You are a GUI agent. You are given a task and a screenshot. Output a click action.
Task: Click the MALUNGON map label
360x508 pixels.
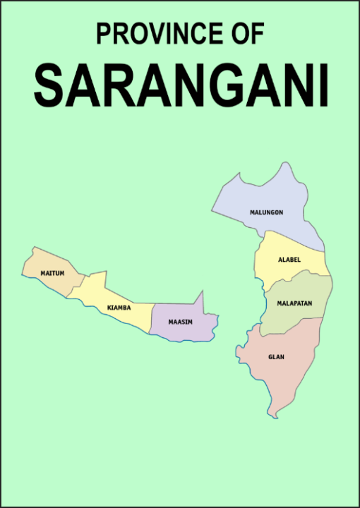266,212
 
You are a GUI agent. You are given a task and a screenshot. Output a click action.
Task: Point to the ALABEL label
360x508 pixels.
289,260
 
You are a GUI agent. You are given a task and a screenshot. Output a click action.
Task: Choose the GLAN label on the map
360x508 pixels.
276,357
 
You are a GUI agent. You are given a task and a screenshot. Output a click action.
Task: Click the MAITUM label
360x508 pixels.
52,273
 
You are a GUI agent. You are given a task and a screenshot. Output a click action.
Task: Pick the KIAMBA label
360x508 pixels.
119,308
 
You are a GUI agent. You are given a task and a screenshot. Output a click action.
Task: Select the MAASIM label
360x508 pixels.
180,322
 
